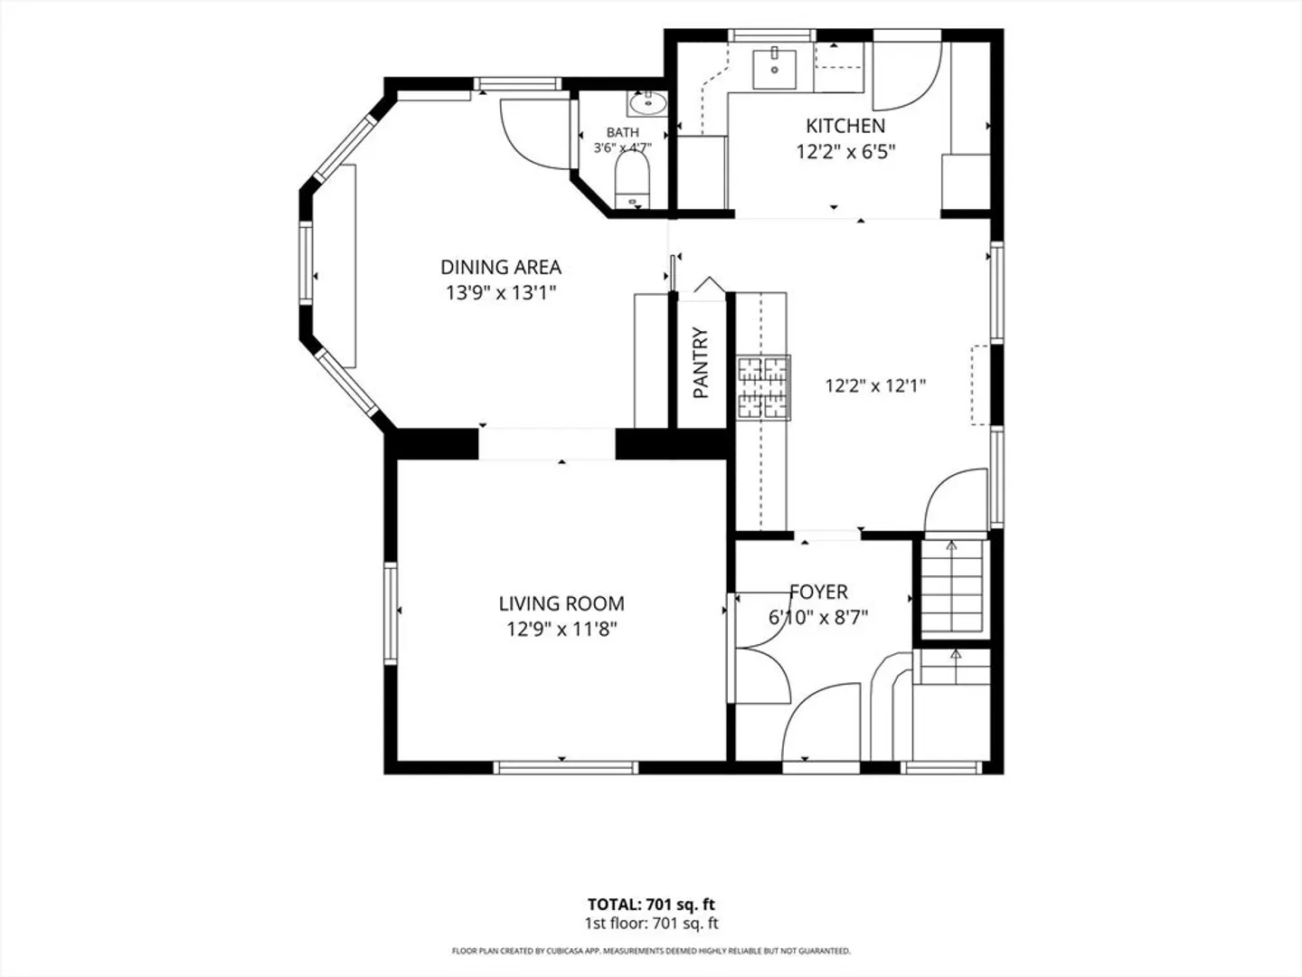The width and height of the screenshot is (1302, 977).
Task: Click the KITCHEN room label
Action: [x=845, y=126]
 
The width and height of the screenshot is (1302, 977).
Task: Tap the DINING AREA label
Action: [x=501, y=267]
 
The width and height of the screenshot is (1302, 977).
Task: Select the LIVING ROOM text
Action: [x=561, y=603]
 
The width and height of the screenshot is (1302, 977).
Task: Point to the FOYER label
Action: [x=818, y=592]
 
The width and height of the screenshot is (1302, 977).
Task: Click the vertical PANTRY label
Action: [x=701, y=363]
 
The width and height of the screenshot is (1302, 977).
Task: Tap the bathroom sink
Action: [x=647, y=104]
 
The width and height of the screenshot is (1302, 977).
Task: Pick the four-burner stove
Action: [x=763, y=388]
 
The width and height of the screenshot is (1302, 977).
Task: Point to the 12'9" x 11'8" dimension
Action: [x=561, y=629]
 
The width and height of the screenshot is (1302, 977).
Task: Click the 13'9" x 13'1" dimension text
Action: [x=501, y=292]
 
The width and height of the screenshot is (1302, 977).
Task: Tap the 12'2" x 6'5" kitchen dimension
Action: [x=845, y=152]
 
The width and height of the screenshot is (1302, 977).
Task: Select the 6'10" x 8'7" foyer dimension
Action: [x=818, y=618]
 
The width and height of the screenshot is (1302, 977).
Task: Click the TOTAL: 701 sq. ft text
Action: [x=651, y=905]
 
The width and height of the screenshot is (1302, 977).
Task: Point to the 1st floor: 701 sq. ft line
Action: [x=651, y=923]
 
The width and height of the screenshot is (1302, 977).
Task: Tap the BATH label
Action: [x=623, y=132]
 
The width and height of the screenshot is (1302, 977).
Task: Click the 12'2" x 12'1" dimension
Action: [x=875, y=386]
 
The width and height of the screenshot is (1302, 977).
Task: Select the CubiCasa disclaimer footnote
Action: [x=651, y=951]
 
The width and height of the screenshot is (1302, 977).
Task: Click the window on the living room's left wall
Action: [x=391, y=613]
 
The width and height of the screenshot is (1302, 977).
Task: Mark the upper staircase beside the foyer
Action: [x=952, y=586]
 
